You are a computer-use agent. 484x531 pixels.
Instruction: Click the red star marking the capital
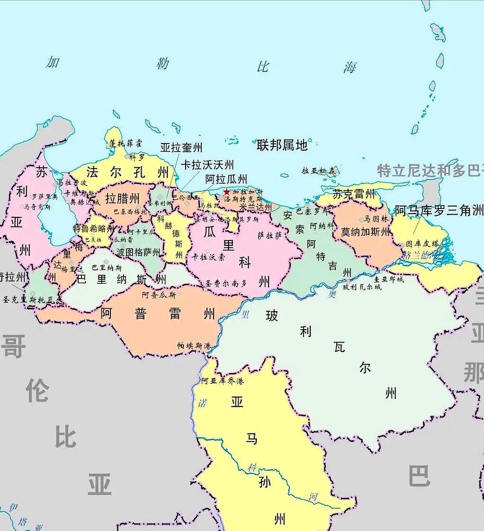click(x=227, y=192)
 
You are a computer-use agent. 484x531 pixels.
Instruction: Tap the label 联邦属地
click(x=282, y=145)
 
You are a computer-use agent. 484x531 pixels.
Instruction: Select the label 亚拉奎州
click(x=181, y=148)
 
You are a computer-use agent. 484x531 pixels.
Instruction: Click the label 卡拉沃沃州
click(x=207, y=164)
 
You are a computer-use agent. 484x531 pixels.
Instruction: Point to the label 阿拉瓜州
click(x=226, y=179)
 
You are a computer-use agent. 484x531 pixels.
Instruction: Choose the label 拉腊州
click(x=122, y=198)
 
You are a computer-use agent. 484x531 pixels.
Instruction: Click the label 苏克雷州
click(x=354, y=194)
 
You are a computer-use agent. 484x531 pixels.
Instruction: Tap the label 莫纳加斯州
click(x=366, y=232)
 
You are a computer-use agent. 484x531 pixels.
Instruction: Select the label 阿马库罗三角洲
click(x=439, y=210)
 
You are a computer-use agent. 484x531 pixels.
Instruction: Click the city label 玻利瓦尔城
click(x=362, y=287)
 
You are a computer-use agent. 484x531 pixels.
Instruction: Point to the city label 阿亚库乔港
click(x=222, y=381)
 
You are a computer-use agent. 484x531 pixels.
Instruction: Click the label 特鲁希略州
click(x=93, y=228)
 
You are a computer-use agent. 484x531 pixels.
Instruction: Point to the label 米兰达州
click(x=256, y=207)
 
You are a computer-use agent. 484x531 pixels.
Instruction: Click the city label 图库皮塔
click(x=422, y=244)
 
